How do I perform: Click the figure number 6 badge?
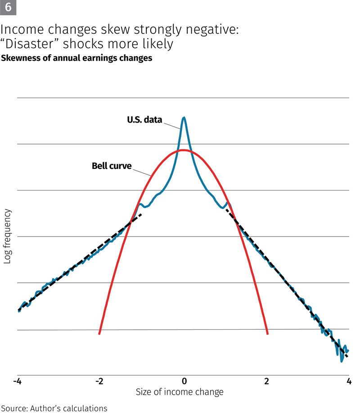(8, 8)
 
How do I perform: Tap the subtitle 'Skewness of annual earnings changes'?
(77, 58)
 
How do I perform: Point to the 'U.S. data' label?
(144, 120)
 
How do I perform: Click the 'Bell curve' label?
(112, 166)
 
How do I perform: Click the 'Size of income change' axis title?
(180, 392)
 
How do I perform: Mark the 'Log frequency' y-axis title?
(8, 236)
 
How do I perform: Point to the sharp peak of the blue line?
(184, 118)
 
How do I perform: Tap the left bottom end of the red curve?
(99, 333)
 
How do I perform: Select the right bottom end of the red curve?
(268, 333)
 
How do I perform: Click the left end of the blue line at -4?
(19, 310)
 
